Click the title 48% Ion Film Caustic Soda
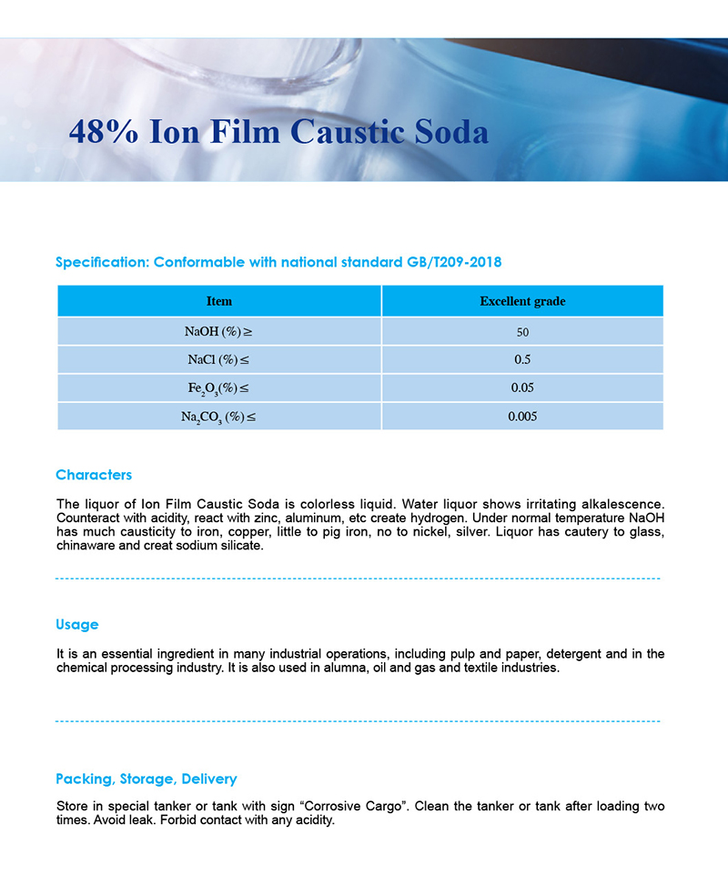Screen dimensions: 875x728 click(x=278, y=132)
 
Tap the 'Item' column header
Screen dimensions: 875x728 click(x=219, y=301)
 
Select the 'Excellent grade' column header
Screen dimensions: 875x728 click(x=522, y=301)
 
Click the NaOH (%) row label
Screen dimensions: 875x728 click(x=218, y=331)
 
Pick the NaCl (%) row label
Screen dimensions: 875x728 click(x=218, y=359)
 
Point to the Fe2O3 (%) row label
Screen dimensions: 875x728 click(x=218, y=388)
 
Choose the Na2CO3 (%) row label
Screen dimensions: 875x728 click(x=218, y=417)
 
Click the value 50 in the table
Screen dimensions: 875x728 click(x=522, y=332)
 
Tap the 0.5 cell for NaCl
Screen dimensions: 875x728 click(x=522, y=359)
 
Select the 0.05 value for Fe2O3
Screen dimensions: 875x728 click(x=522, y=388)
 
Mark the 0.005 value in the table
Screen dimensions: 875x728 click(x=522, y=417)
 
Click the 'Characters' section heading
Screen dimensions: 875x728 click(x=94, y=475)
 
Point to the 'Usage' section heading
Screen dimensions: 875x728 click(x=77, y=625)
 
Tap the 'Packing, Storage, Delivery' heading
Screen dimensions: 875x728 click(x=147, y=779)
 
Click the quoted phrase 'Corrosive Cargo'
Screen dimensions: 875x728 click(x=353, y=807)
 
